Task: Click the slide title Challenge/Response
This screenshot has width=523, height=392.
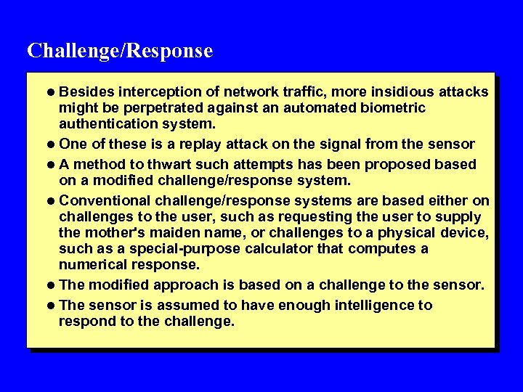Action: pos(120,51)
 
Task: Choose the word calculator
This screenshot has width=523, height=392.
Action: pos(299,248)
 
